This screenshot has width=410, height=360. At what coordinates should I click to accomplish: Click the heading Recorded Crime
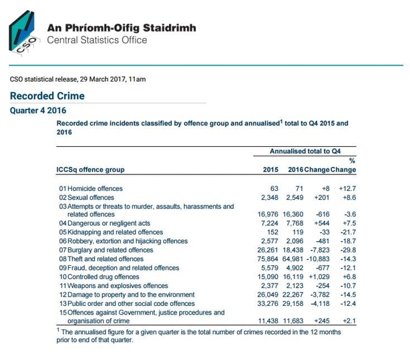click(x=47, y=96)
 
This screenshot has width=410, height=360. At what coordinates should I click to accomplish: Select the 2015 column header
click(x=270, y=170)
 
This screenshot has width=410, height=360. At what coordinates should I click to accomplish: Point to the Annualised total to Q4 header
click(x=309, y=152)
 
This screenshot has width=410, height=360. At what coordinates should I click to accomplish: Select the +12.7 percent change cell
click(x=345, y=189)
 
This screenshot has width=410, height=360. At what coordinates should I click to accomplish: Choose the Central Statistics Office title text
click(x=97, y=40)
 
